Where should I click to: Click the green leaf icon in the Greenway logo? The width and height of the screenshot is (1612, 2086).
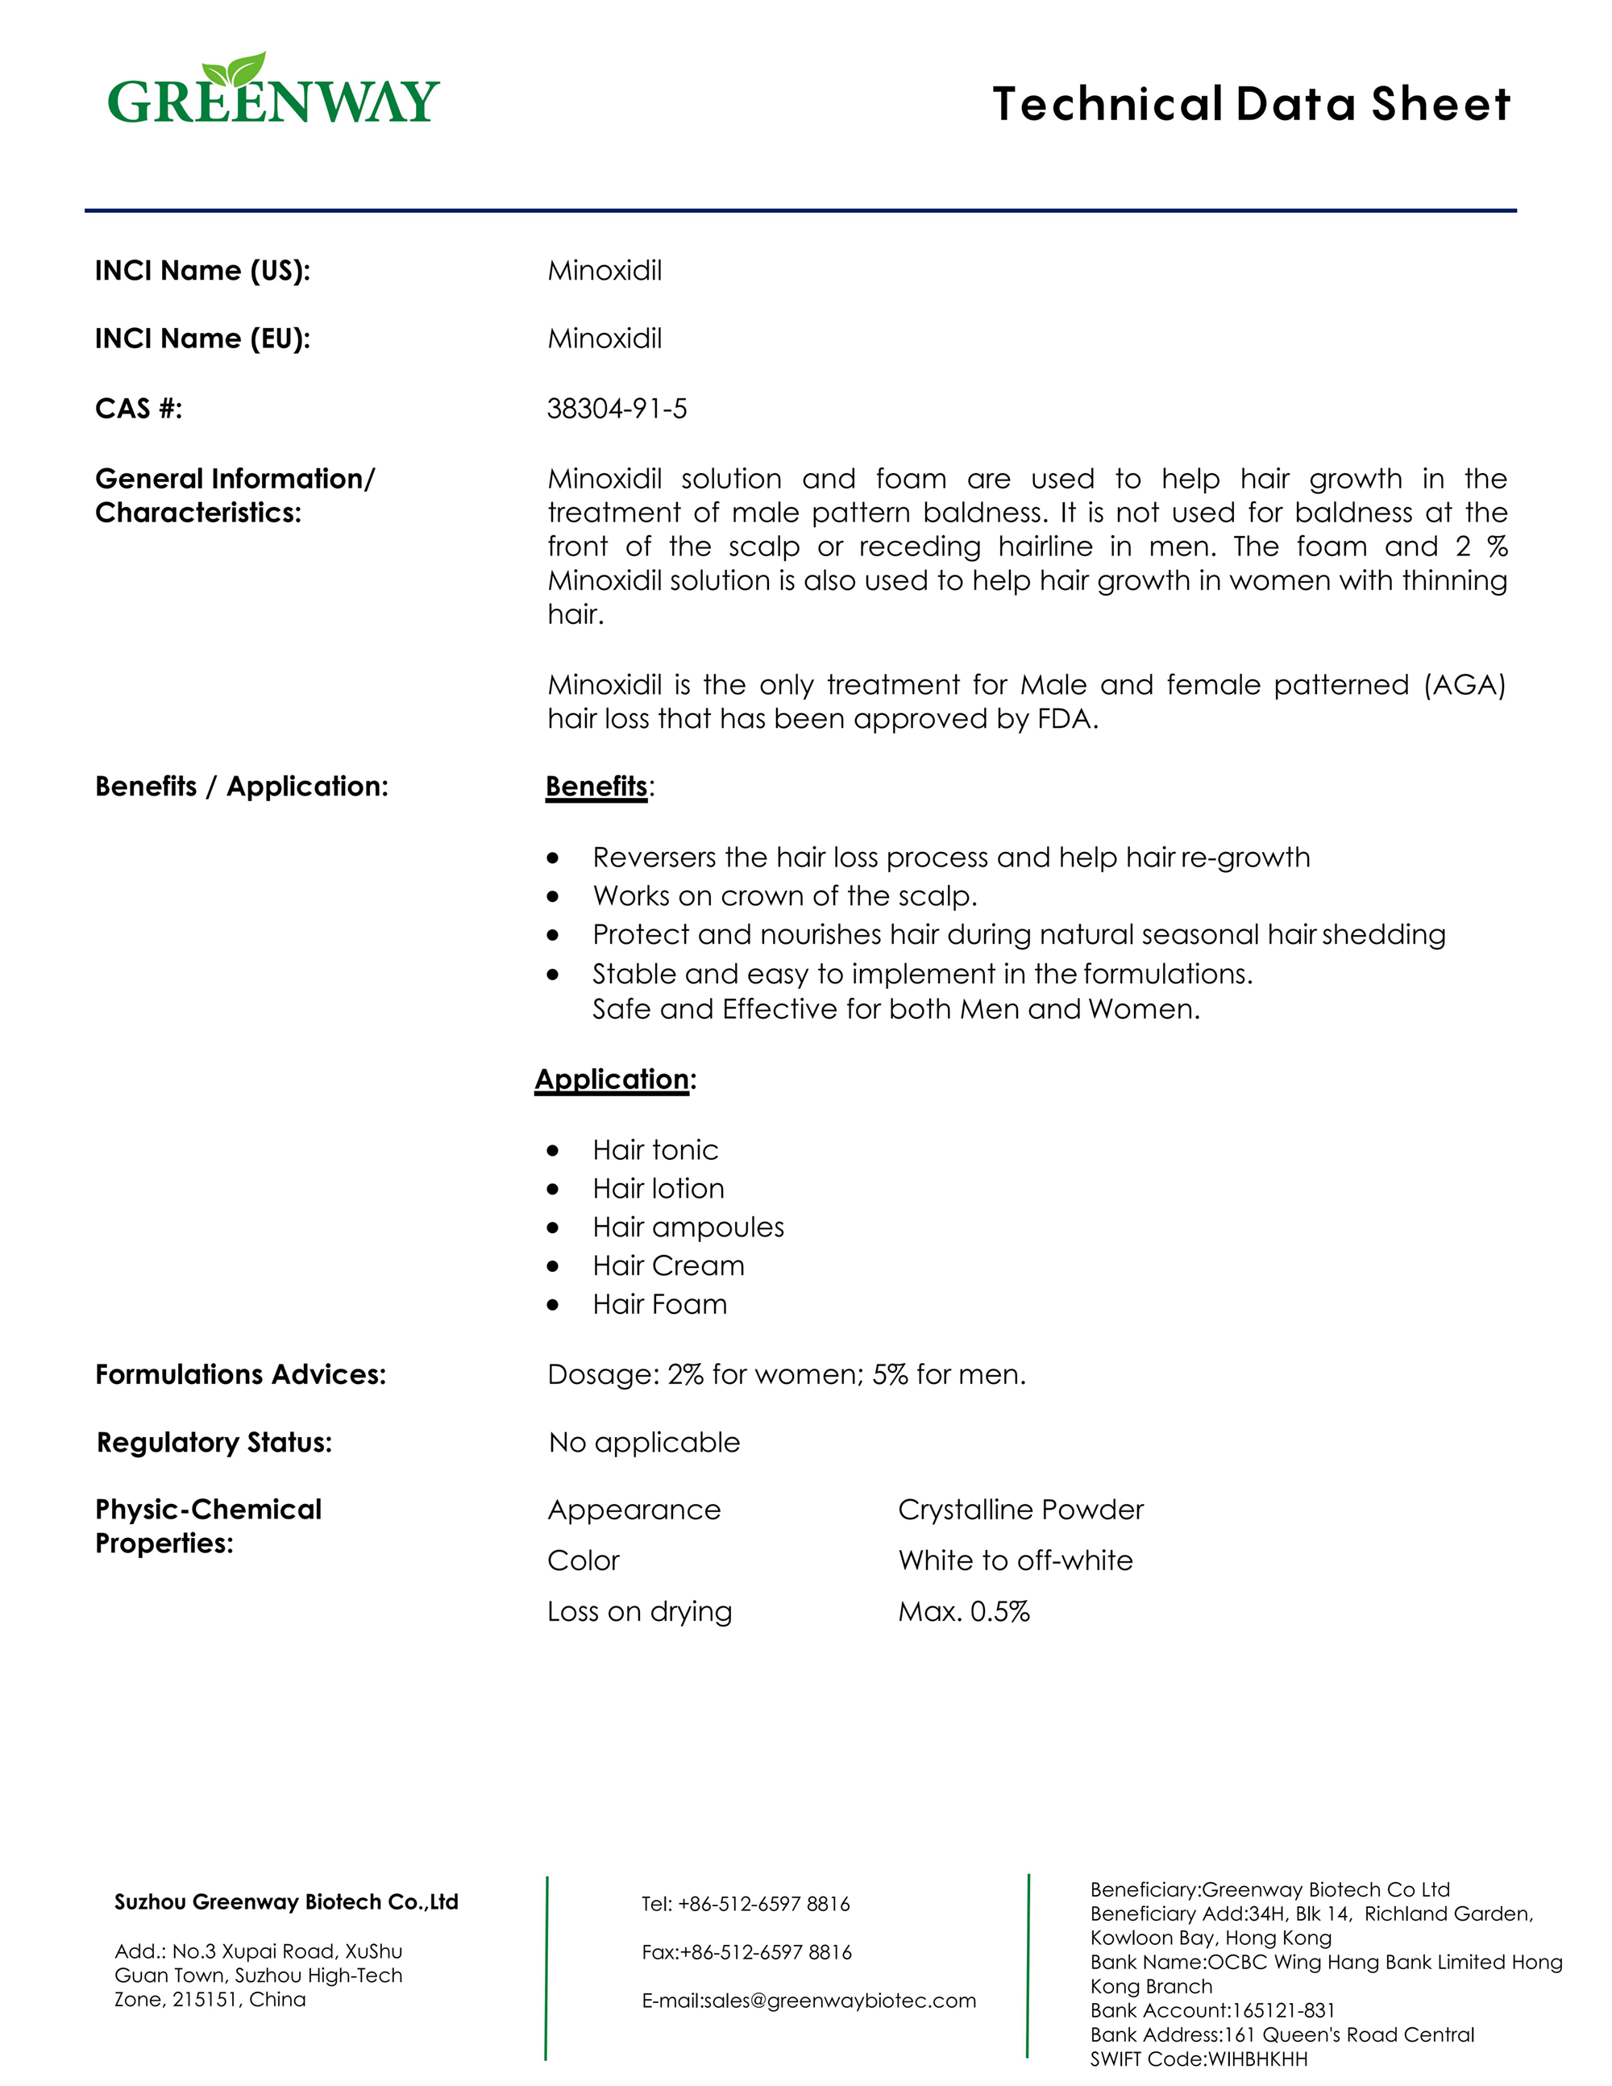(x=234, y=71)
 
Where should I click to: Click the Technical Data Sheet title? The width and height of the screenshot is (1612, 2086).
(x=1251, y=104)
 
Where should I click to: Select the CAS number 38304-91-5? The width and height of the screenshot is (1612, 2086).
(x=616, y=409)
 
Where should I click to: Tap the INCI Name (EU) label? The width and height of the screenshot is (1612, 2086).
(x=202, y=339)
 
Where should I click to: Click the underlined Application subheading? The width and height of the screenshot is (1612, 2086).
(x=612, y=1079)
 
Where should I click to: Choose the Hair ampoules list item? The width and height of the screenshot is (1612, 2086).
(x=688, y=1228)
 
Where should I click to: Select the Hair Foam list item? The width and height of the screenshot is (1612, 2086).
(x=659, y=1305)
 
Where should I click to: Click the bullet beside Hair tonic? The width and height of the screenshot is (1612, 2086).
(x=553, y=1151)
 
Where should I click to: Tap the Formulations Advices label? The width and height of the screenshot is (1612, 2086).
(x=241, y=1374)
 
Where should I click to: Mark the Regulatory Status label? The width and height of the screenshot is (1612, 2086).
(x=214, y=1442)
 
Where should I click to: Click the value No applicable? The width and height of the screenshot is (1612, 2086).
(x=644, y=1442)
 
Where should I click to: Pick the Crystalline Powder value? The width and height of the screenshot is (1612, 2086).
(x=1020, y=1510)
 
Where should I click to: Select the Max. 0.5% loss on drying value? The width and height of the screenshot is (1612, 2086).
(x=963, y=1612)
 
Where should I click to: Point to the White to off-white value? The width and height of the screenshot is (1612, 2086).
(x=1015, y=1560)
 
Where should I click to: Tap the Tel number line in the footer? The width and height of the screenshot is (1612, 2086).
(x=745, y=1905)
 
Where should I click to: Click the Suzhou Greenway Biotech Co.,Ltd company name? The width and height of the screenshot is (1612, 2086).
(x=286, y=1902)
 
